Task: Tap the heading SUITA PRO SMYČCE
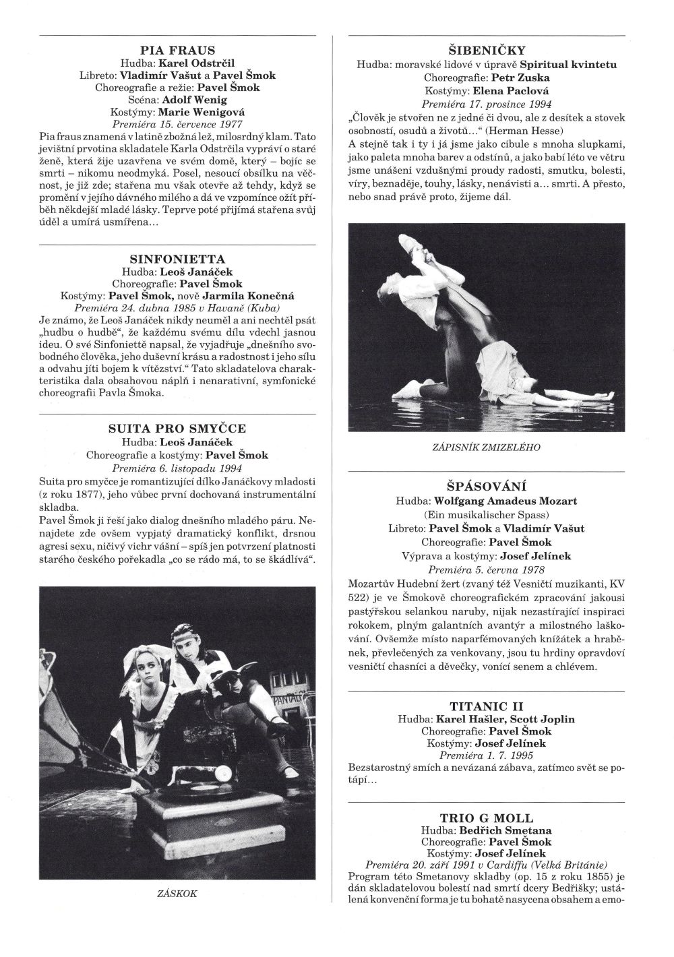[177, 428]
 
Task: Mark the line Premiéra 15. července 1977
[178, 124]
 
